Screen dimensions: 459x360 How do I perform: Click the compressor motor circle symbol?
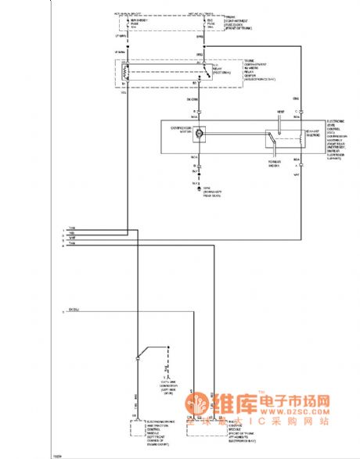[x=200, y=134]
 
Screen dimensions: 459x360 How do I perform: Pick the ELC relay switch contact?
[x=200, y=73]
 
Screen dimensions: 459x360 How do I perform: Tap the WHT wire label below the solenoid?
[x=297, y=175]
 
